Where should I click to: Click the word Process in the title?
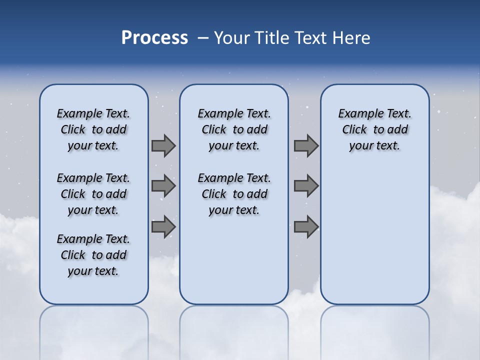click(154, 38)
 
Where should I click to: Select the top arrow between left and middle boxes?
click(163, 145)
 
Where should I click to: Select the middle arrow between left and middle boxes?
click(163, 186)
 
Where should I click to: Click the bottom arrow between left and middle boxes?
click(163, 226)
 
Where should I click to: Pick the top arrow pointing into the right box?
click(306, 145)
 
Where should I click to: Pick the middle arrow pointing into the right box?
click(306, 186)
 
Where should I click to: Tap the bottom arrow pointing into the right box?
click(306, 226)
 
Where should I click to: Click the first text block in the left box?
click(93, 129)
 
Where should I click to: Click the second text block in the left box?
click(93, 194)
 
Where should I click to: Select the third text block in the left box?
click(93, 255)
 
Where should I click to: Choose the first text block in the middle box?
click(234, 129)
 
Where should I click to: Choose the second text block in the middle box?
click(234, 194)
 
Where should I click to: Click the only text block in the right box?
click(374, 129)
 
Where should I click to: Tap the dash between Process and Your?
click(203, 38)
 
